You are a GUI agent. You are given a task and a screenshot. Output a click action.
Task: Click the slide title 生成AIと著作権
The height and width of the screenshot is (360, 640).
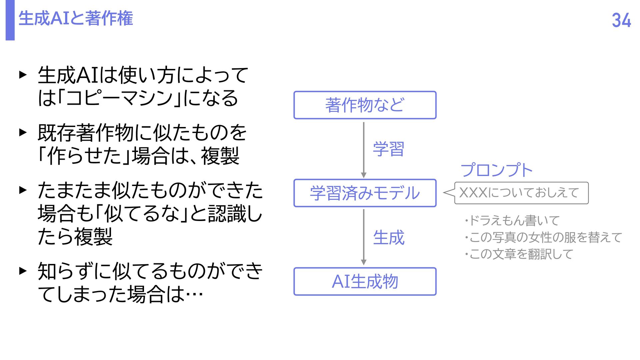pos(76,18)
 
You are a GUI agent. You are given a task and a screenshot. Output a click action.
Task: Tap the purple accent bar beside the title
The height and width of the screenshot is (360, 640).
pos(10,20)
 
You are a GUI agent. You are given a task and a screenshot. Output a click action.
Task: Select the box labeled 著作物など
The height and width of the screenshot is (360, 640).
pos(365,105)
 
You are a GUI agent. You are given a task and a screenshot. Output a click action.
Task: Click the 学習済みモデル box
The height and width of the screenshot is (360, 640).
pos(365,193)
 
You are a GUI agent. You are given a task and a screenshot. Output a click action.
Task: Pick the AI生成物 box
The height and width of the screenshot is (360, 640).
pos(365,281)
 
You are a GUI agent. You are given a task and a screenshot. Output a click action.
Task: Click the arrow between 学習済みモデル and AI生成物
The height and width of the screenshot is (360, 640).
pos(364,237)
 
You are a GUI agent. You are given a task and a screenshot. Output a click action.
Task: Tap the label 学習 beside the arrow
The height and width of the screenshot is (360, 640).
pos(389,149)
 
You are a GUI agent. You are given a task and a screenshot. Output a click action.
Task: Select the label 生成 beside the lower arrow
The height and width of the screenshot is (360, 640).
pos(389,238)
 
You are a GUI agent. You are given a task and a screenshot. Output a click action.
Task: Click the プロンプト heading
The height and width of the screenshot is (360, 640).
pos(497,170)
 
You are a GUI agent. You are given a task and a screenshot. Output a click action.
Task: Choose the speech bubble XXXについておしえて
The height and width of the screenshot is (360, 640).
pos(521,193)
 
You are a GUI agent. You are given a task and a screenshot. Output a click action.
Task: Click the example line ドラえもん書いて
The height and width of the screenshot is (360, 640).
pos(513,221)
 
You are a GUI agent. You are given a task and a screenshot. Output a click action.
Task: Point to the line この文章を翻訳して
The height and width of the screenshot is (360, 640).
pos(519,254)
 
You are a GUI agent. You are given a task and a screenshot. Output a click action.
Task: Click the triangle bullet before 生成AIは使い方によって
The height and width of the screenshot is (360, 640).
pos(23,75)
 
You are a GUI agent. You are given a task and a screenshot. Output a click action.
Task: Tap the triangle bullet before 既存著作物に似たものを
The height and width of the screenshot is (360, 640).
pos(23,132)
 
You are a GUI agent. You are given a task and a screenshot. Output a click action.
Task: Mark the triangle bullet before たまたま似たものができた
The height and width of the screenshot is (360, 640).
pos(23,190)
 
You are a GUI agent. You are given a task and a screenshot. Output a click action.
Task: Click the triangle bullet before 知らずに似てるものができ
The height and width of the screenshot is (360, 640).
pos(23,270)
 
